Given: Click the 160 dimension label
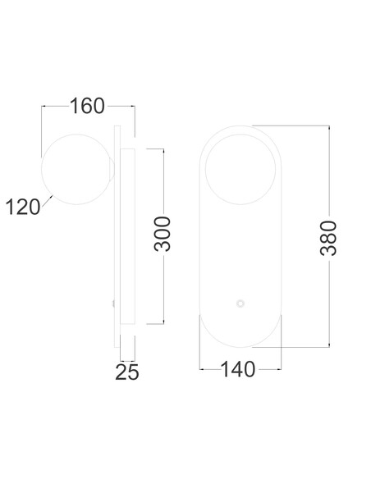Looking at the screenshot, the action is coord(87,106).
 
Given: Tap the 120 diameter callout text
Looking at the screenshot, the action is coord(23,207).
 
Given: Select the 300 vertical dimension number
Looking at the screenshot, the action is coord(162,234).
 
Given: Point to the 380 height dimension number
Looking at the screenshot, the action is coord(328,238).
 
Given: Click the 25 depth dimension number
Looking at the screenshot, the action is coord(127,372).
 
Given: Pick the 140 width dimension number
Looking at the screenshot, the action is coord(238,369).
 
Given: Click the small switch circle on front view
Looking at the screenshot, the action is coord(240,303).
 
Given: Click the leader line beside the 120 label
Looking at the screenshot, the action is coord(47,201).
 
